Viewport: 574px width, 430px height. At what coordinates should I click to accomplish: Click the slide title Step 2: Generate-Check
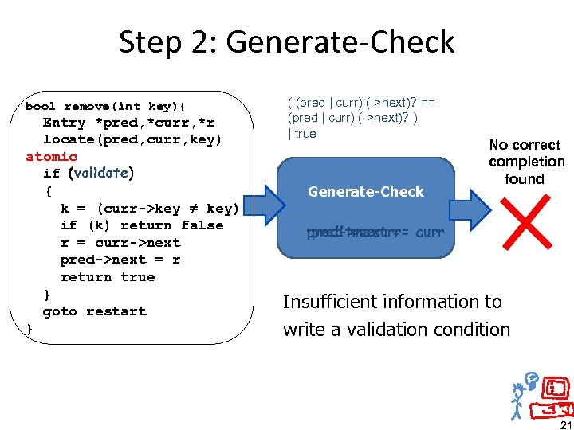(x=286, y=41)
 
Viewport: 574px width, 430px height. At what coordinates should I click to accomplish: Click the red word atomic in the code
(x=51, y=157)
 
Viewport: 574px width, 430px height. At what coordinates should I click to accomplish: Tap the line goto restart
(x=94, y=311)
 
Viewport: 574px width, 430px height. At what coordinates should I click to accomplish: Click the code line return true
(x=107, y=277)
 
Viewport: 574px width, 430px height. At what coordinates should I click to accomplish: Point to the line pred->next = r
(x=120, y=260)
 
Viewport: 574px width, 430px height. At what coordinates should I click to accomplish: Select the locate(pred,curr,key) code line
(x=132, y=139)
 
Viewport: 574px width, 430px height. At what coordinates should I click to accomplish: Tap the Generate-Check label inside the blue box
(x=366, y=191)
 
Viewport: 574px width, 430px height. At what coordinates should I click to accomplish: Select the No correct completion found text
(x=526, y=162)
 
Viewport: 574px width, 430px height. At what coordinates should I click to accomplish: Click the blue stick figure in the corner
(x=521, y=393)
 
